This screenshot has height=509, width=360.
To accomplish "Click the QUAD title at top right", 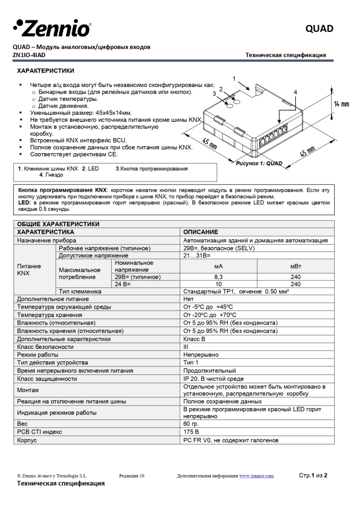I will coord(319,29).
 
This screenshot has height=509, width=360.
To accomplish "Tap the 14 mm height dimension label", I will coord(341,104).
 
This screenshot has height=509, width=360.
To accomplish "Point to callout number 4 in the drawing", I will coord(295,92).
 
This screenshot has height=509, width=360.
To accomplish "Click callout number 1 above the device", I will coord(234,78).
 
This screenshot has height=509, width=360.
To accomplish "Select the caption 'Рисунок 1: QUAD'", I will coord(259,163).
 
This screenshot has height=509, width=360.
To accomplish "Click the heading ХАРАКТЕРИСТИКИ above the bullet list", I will coord(46,71).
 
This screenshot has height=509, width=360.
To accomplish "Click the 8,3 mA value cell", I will coord(219,277).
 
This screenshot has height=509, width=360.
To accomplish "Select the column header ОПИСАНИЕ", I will coord(200,232).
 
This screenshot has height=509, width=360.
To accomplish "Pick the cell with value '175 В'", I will coord(192,432).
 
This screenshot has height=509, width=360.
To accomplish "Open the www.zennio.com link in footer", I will coord(256,476).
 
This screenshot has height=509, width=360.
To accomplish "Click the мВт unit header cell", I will coord(295,266).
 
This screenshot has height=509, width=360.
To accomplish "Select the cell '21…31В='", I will coord(197,255).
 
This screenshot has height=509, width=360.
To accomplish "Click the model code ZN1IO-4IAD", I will coord(34,55).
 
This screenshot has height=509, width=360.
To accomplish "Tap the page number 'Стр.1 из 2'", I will coord(313,475).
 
